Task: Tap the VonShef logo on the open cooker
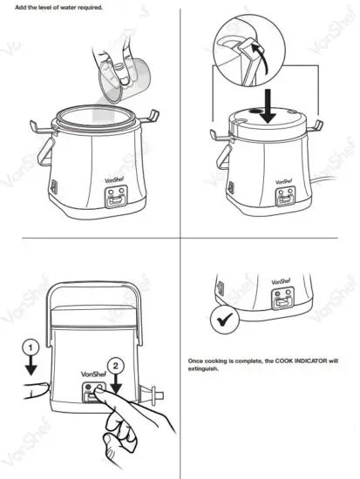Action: coord(93,180)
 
